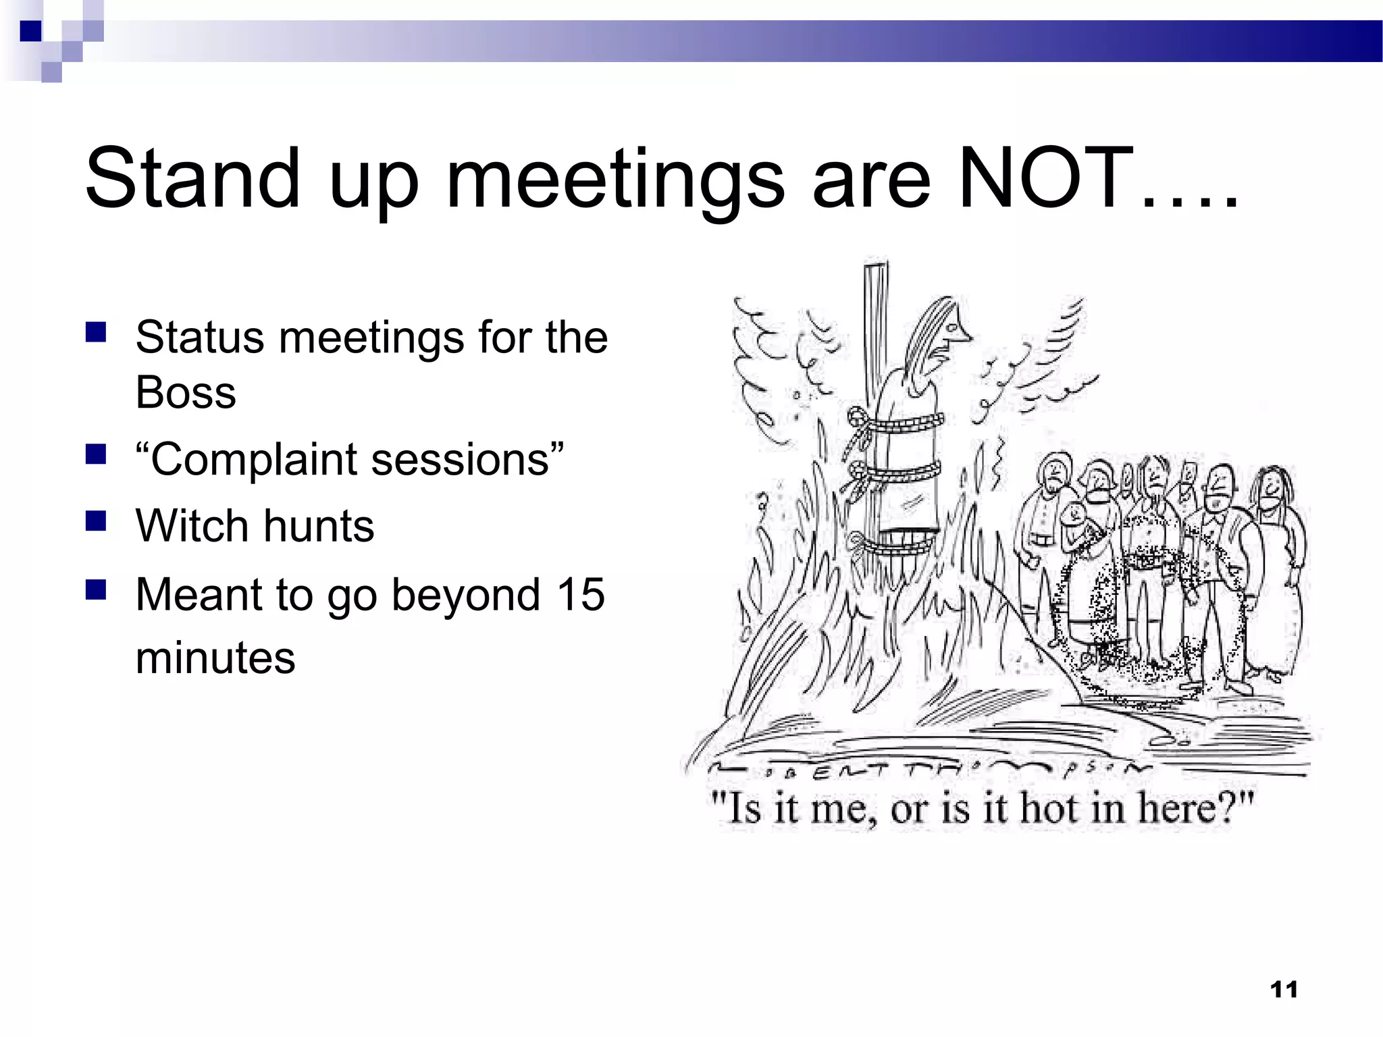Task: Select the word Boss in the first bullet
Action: pos(186,392)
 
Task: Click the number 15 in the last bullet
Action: pos(580,595)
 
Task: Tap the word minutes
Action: pos(215,658)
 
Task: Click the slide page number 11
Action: pos(1284,990)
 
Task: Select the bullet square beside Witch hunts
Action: pos(96,522)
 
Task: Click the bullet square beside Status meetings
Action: pos(96,333)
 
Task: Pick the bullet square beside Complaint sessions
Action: pos(96,455)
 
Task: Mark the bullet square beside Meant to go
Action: pos(96,590)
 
